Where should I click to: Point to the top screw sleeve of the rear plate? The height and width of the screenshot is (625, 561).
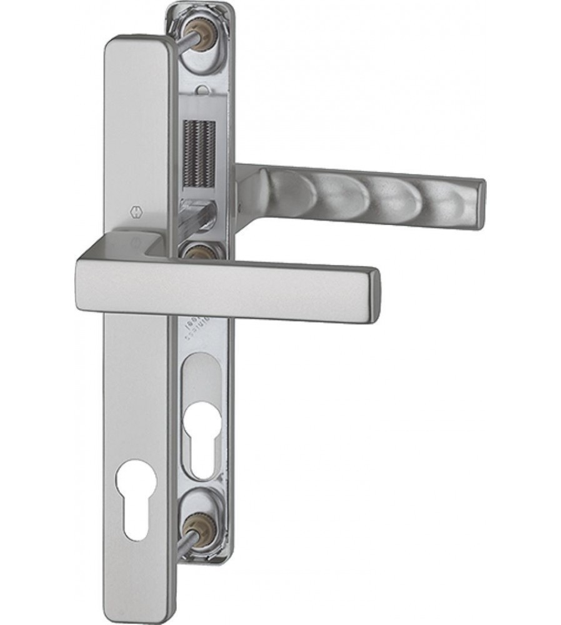tap(202, 39)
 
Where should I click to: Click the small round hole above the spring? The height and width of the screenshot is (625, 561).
tap(201, 91)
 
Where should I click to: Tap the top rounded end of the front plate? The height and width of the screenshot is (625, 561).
tap(136, 50)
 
